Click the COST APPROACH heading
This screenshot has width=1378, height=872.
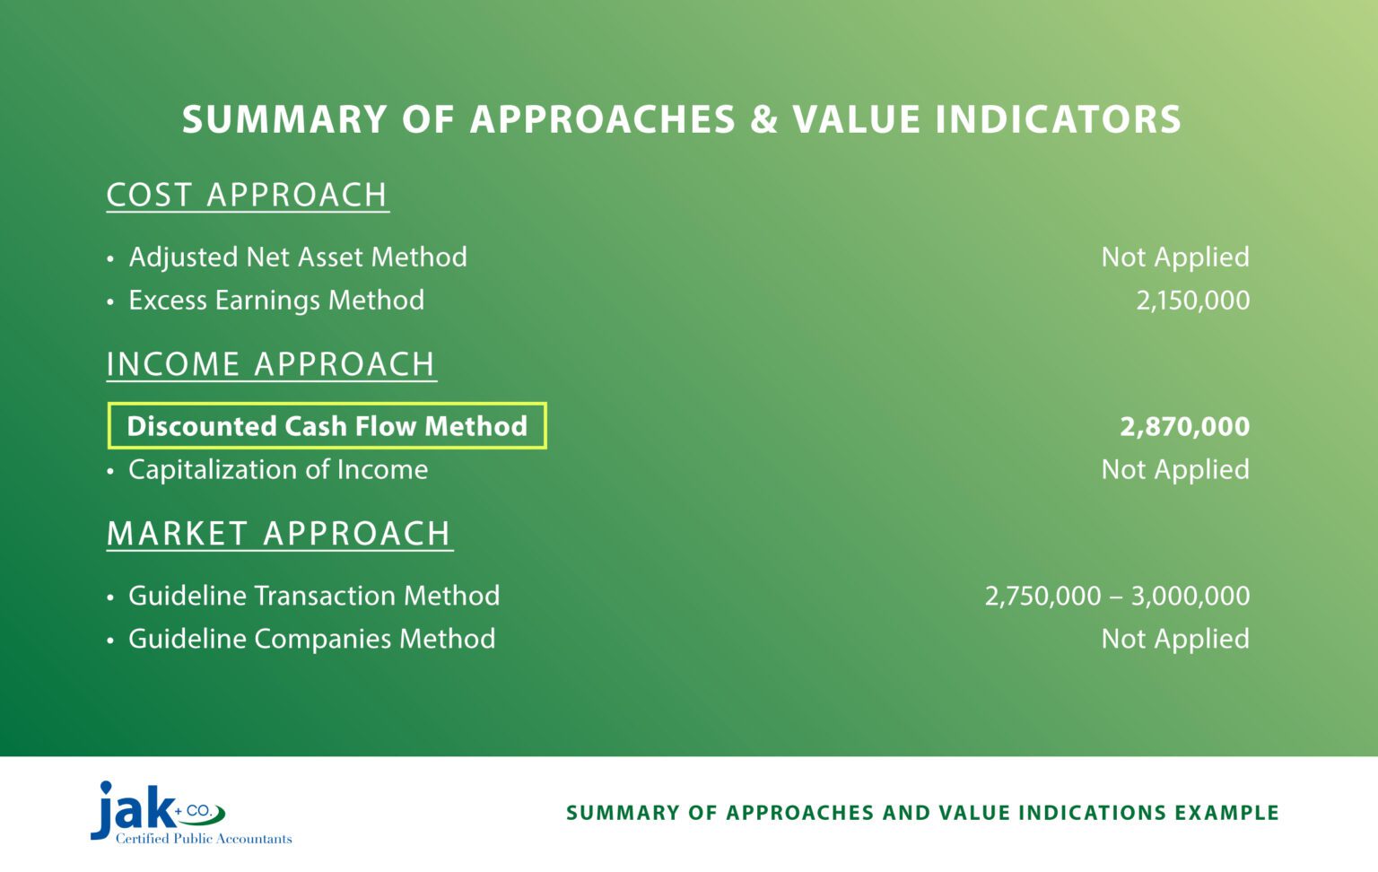[x=247, y=195]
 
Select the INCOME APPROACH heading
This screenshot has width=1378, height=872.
[x=271, y=364]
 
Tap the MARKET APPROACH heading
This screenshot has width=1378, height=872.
[x=279, y=534]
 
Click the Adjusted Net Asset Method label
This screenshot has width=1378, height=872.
[x=297, y=257]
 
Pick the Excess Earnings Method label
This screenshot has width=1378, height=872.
[x=276, y=301]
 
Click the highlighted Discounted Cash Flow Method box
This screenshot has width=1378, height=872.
[x=327, y=426]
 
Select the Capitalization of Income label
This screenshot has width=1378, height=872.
[x=278, y=470]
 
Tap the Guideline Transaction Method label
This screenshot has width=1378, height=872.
[x=314, y=596]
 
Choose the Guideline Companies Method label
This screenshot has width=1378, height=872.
[x=311, y=639]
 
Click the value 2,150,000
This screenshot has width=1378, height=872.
[x=1192, y=301]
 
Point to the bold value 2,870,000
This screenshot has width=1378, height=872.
[x=1184, y=426]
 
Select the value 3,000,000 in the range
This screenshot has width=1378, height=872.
[x=1190, y=596]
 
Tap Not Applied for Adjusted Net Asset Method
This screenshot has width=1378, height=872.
[x=1175, y=257]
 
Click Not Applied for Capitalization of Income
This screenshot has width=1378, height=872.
[x=1175, y=470]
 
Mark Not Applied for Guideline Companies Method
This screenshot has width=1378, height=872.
[x=1175, y=639]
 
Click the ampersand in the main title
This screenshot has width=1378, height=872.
[x=763, y=120]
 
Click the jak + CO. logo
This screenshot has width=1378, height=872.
[x=153, y=809]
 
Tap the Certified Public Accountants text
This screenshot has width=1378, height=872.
[x=204, y=839]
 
